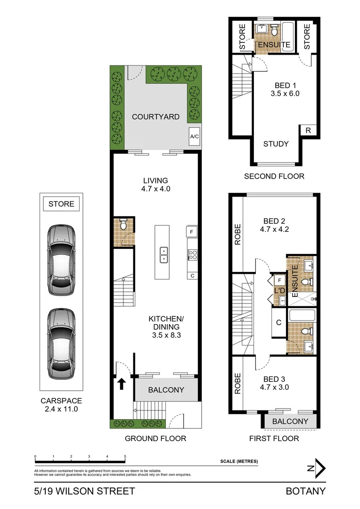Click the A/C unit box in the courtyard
coord(194,136)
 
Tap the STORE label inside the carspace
coord(61,204)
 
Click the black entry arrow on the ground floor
coord(121,384)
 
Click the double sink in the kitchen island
coord(164,254)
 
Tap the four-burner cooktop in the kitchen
coord(192,255)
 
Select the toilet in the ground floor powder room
coord(124,225)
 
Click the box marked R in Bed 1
coord(308,131)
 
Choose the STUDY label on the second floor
coord(276,144)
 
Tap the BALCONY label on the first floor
coord(290,421)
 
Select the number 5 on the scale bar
coord(125,457)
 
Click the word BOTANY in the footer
coord(305,491)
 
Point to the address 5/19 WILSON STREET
coord(84,491)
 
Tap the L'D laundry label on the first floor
coord(278,290)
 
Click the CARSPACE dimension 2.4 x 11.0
coord(61,409)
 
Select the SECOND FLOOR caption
coord(274,176)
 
